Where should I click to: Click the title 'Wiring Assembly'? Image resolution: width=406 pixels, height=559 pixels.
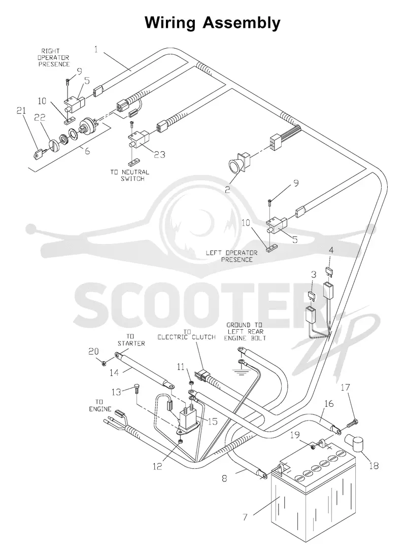212,23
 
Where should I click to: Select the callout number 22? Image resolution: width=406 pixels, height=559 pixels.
40,118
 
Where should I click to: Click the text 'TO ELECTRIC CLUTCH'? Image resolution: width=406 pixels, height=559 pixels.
187,335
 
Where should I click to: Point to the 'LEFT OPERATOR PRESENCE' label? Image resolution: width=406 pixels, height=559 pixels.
231,256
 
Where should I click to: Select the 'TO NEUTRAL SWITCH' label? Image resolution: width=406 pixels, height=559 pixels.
129,175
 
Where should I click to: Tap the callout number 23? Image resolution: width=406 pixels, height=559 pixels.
159,154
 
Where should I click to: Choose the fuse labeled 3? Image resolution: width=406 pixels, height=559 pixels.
312,296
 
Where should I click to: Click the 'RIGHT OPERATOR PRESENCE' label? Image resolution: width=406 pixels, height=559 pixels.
54,57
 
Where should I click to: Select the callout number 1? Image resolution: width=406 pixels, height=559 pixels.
95,49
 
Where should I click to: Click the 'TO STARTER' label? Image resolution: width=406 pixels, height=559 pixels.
131,340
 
